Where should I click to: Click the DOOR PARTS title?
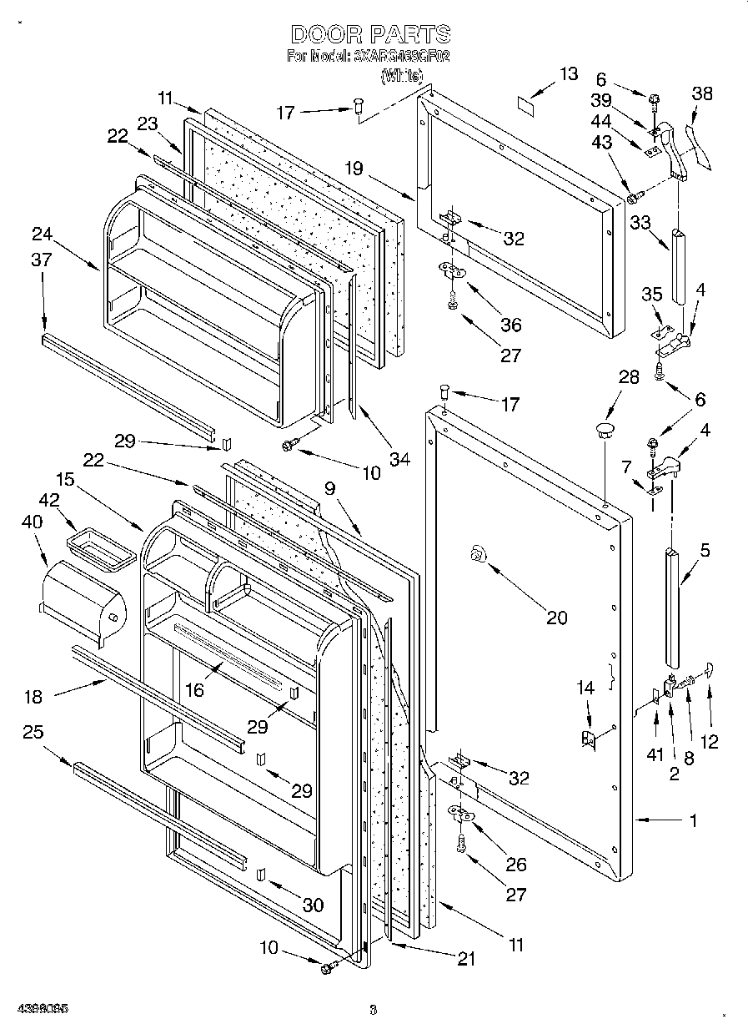click(x=371, y=34)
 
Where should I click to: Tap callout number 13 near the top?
click(x=568, y=74)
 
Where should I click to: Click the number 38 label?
click(x=702, y=94)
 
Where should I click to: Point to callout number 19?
click(x=354, y=169)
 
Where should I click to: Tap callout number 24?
click(x=42, y=233)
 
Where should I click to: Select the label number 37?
click(x=41, y=260)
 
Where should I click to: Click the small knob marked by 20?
click(x=478, y=553)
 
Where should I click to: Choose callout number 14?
click(x=586, y=688)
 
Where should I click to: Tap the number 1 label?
click(x=693, y=820)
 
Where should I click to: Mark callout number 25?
click(x=33, y=733)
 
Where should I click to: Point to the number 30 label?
click(x=313, y=905)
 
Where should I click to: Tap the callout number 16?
click(x=193, y=689)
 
